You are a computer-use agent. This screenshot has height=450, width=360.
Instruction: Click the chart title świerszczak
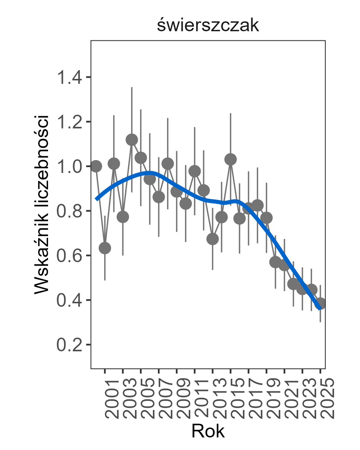[x=208, y=26]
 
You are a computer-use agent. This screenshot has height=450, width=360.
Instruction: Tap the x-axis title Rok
[x=208, y=431]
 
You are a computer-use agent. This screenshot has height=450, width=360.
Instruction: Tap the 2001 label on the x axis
[x=105, y=399]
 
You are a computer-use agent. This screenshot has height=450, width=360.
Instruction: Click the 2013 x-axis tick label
[x=213, y=399]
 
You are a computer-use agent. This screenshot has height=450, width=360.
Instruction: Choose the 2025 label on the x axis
[x=321, y=399]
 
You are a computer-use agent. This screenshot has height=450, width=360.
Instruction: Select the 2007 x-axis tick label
[x=159, y=399]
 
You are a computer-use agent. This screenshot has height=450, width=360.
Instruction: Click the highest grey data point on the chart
[x=132, y=140]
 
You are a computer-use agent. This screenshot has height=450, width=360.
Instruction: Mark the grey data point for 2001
[x=105, y=248]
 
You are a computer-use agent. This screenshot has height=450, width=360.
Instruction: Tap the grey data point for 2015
[x=230, y=159]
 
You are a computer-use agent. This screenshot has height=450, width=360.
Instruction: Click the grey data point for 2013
[x=212, y=239]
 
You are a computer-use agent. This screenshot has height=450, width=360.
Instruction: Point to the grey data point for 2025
[x=320, y=303]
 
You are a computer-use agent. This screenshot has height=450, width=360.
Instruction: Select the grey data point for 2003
[x=123, y=217]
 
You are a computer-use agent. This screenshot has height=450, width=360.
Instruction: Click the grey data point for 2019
[x=267, y=218]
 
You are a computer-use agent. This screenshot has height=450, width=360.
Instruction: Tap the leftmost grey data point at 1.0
[x=96, y=166]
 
